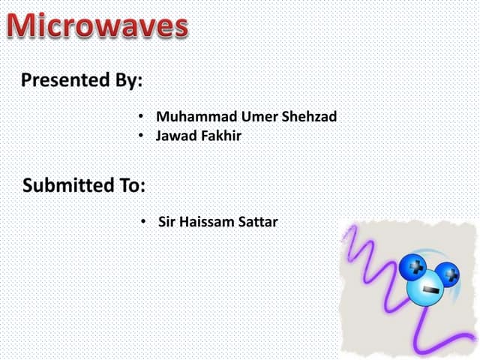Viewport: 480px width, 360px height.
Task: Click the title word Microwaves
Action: pyautogui.click(x=98, y=28)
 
